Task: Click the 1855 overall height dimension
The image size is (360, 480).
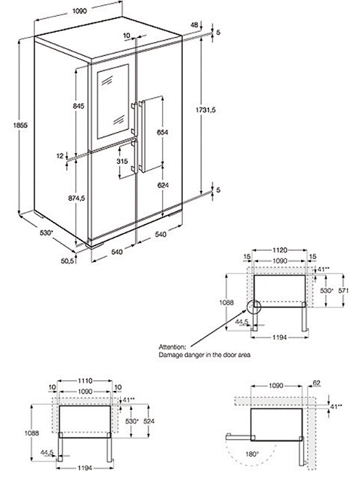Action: [20, 125]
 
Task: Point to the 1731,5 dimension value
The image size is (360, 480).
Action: [206, 110]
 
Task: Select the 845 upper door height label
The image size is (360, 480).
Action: [78, 106]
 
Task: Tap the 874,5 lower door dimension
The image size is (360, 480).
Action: [76, 198]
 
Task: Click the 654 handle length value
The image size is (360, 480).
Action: [162, 132]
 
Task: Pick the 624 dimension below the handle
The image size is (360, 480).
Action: [163, 185]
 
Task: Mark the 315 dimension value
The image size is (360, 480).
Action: [122, 162]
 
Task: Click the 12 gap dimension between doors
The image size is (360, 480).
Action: [60, 155]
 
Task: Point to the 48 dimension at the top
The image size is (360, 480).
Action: [195, 25]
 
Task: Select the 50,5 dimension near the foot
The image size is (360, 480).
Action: [68, 261]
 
